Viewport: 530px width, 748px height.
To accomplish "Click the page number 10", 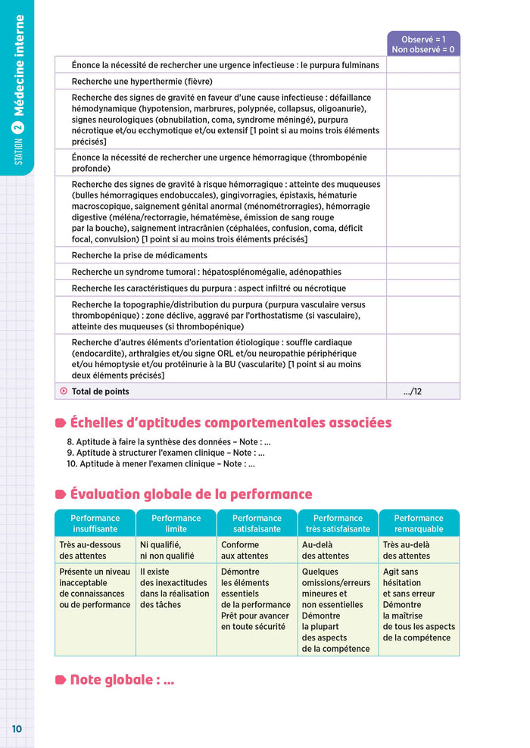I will click(17, 728).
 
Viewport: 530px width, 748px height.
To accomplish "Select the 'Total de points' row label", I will click(100, 391).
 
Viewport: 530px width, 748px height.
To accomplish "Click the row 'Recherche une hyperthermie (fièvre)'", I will click(142, 81).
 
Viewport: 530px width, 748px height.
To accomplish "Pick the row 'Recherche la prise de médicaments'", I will click(139, 255).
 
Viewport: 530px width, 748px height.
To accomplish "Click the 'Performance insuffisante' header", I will click(95, 523).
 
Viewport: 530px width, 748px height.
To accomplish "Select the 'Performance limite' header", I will click(176, 523).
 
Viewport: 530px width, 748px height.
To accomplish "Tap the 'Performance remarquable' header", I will click(419, 523).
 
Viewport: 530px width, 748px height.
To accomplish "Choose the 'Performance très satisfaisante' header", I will click(338, 523).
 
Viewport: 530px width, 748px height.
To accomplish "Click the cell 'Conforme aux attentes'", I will click(240, 550).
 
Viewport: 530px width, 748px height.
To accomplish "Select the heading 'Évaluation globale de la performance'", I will click(190, 494).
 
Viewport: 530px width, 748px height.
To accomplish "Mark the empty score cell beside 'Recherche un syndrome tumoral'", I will click(423, 272).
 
